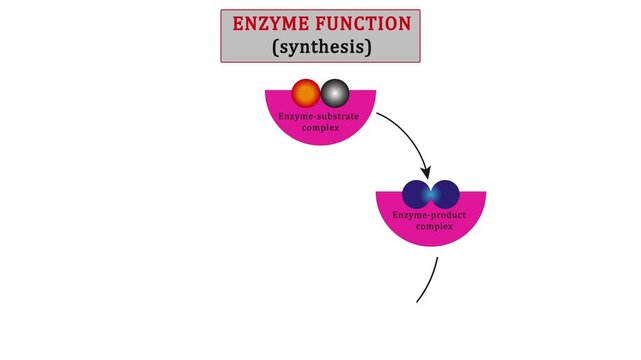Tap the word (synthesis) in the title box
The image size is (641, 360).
[321, 46]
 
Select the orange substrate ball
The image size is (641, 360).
[306, 94]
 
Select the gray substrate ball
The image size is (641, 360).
[335, 94]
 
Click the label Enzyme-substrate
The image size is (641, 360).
[320, 117]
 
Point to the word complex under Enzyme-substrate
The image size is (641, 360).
[320, 127]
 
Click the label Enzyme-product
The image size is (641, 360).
[431, 216]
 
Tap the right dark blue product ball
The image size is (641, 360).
[446, 194]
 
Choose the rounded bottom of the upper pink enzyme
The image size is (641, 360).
[320, 141]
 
